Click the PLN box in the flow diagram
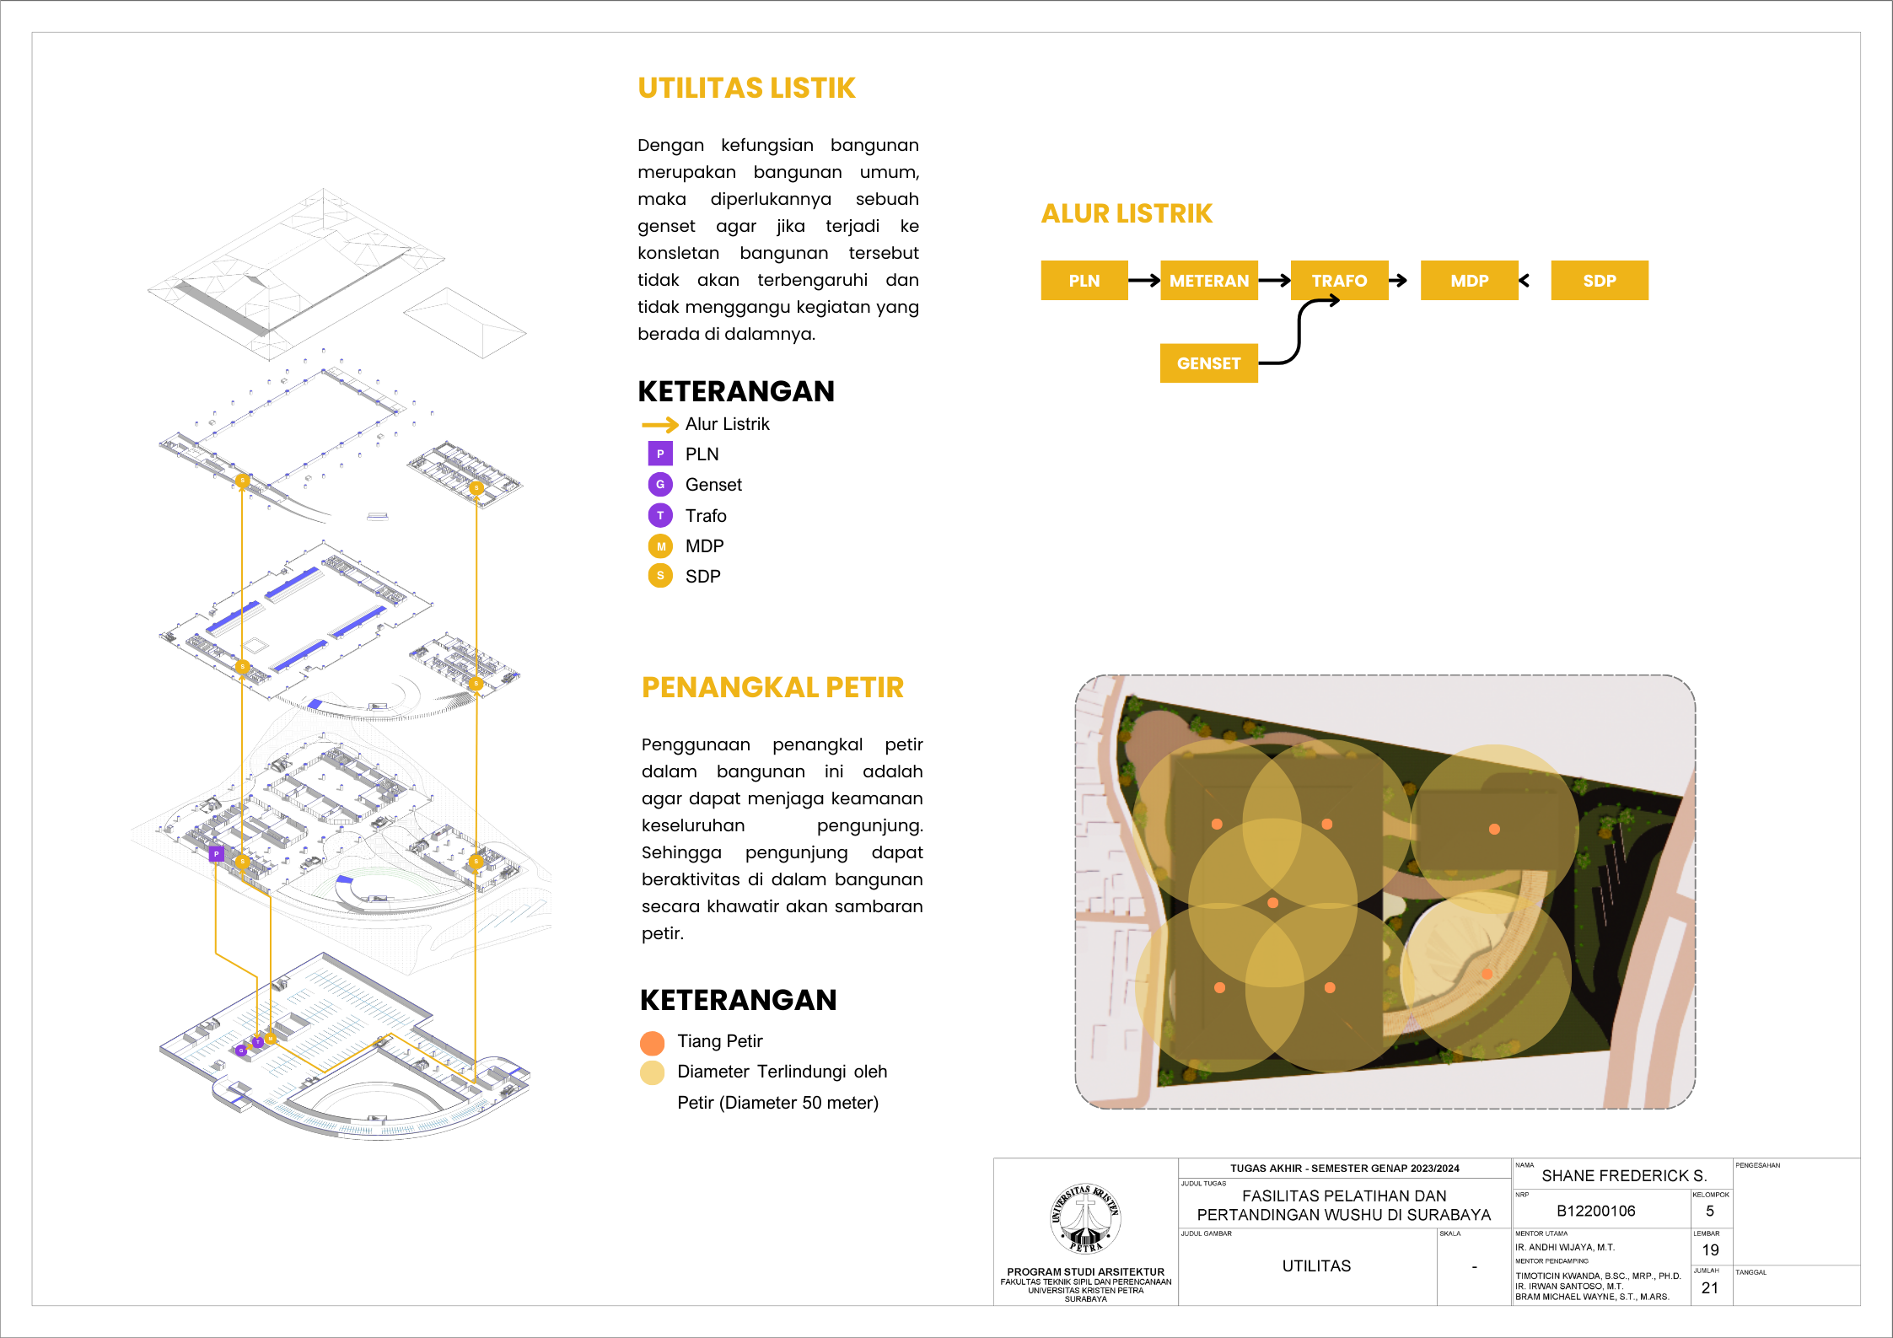(1084, 281)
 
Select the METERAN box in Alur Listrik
(1208, 281)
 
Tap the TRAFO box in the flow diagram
(1339, 281)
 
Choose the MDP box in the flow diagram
(1469, 281)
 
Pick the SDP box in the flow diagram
(1599, 281)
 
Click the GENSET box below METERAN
(1208, 363)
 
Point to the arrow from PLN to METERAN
(1144, 281)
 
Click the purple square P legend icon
(660, 454)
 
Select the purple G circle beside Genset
(660, 485)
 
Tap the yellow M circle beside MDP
(660, 546)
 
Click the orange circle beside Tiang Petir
(653, 1043)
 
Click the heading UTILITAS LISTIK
(746, 89)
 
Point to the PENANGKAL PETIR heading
(772, 688)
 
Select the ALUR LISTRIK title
(1127, 214)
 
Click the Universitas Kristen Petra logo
(1086, 1218)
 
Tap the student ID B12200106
(1595, 1212)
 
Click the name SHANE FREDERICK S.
(1624, 1176)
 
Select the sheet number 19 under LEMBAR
(1710, 1250)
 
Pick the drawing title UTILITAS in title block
(1316, 1266)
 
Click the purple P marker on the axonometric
(217, 854)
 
